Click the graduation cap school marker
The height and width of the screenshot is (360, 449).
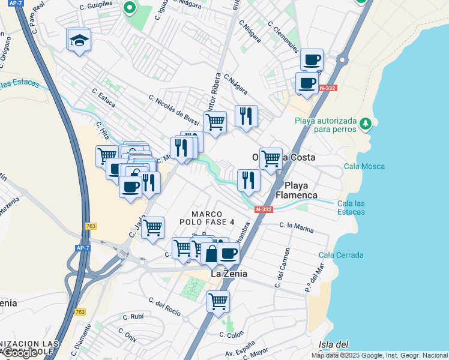pyautogui.click(x=79, y=40)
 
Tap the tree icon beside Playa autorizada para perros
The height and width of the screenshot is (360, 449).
pyautogui.click(x=365, y=124)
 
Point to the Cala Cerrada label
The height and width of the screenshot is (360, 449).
pyautogui.click(x=341, y=255)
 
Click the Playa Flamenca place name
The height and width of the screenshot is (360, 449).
pyautogui.click(x=297, y=190)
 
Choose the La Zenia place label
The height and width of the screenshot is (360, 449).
pyautogui.click(x=229, y=273)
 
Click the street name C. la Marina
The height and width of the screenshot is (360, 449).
pyautogui.click(x=297, y=226)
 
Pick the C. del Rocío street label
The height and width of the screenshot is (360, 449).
pyautogui.click(x=164, y=306)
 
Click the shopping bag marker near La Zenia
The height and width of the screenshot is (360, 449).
pyautogui.click(x=211, y=254)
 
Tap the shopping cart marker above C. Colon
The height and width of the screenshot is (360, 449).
pyautogui.click(x=218, y=301)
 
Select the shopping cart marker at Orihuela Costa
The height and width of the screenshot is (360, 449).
pyautogui.click(x=271, y=158)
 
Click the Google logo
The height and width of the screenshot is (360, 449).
pyautogui.click(x=20, y=353)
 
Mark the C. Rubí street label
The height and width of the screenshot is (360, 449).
pyautogui.click(x=133, y=317)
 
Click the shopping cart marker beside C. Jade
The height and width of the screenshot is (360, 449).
pyautogui.click(x=153, y=227)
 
